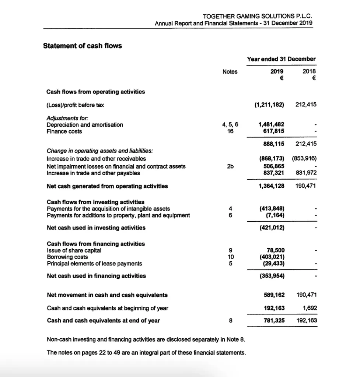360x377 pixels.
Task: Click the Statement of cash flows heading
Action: pyautogui.click(x=83, y=46)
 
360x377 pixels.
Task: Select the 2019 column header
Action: pyautogui.click(x=277, y=71)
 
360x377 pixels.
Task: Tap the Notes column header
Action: pyautogui.click(x=230, y=71)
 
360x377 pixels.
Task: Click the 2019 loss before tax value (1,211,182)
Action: pyautogui.click(x=269, y=105)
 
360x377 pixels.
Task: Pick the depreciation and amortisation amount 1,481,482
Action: pyautogui.click(x=272, y=124)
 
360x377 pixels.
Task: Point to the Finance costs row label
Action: pyautogui.click(x=64, y=131)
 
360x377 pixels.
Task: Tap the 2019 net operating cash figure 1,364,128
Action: pyautogui.click(x=272, y=186)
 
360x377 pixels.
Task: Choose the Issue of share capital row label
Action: pyautogui.click(x=74, y=250)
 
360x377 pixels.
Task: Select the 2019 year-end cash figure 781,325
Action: pyautogui.click(x=274, y=320)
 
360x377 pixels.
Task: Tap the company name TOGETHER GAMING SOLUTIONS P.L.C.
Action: pyautogui.click(x=257, y=16)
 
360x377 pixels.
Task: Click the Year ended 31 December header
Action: pyautogui.click(x=281, y=59)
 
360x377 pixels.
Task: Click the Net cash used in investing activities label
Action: pyautogui.click(x=96, y=228)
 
